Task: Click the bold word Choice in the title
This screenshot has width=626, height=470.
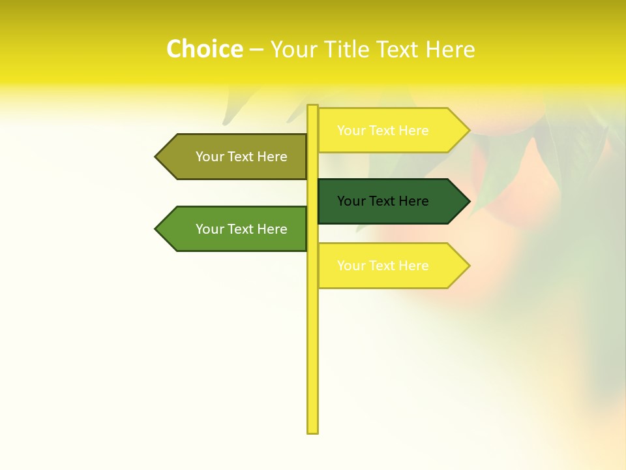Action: coord(204,49)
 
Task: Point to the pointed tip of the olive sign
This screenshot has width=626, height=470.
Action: coord(156,157)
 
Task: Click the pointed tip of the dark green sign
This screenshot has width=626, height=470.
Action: coord(469,201)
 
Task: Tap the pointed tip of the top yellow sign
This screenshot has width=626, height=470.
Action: coord(469,130)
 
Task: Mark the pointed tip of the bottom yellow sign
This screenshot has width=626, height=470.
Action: coord(469,266)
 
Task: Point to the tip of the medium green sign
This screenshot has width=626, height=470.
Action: coord(156,228)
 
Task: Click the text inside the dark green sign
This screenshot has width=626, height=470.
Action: coord(383,201)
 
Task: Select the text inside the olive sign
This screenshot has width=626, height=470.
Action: coord(241,157)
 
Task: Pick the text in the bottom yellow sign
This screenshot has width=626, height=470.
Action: coord(383,266)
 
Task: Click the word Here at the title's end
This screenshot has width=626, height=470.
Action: coord(450,49)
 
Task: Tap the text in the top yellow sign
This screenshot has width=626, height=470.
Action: coord(383,131)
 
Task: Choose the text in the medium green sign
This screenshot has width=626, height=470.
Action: coord(241,229)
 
